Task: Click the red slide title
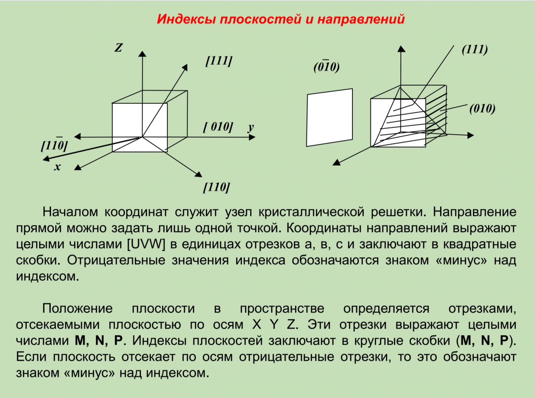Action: [x=280, y=19]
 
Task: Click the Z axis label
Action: [x=119, y=48]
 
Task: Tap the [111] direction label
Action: [x=219, y=61]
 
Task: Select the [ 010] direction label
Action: [x=218, y=127]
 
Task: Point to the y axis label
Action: [x=251, y=127]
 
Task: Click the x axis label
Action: [x=57, y=167]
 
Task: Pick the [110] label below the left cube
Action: [x=216, y=187]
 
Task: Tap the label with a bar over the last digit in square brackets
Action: [x=54, y=145]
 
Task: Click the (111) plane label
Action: [x=475, y=49]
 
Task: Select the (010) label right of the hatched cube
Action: [x=482, y=108]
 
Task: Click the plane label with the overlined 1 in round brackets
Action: [x=326, y=66]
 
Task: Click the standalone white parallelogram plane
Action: [x=330, y=117]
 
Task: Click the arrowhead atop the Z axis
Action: [x=142, y=53]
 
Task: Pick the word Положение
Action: [x=77, y=308]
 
